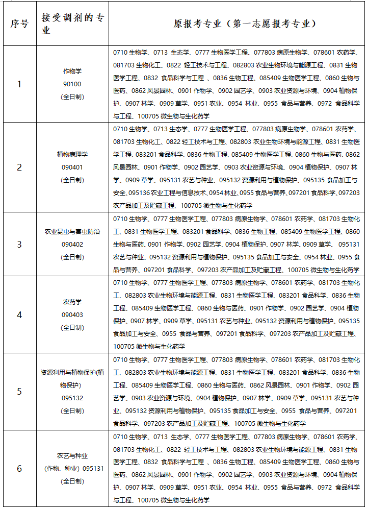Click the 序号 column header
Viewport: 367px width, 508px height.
(x=19, y=24)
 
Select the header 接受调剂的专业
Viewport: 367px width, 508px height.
(x=72, y=24)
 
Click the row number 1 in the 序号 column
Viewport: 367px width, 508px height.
(x=19, y=84)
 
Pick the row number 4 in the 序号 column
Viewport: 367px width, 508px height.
(x=19, y=315)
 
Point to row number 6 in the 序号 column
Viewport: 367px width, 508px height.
(x=19, y=468)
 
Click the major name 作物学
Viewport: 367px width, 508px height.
(x=72, y=71)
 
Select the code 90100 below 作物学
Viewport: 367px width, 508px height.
(x=72, y=84)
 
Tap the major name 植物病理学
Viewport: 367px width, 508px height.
(x=72, y=154)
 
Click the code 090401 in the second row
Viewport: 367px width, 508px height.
(x=72, y=167)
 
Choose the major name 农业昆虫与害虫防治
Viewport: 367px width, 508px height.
(x=72, y=231)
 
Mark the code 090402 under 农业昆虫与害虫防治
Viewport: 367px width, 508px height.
(x=72, y=244)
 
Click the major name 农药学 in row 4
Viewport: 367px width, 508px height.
(x=72, y=302)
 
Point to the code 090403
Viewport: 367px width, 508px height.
(x=72, y=315)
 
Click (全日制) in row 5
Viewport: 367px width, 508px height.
(x=72, y=410)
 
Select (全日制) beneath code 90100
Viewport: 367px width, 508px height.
(x=72, y=96)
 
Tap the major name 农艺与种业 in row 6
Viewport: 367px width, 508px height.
(x=72, y=455)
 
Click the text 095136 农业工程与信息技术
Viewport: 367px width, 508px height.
(x=168, y=193)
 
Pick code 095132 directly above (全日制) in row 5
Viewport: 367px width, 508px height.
(x=72, y=398)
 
